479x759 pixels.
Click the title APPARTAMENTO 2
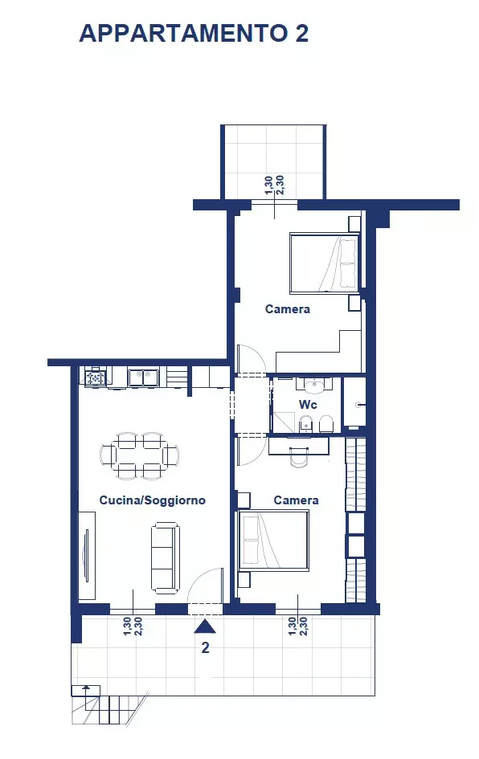194,34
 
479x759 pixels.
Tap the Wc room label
308,404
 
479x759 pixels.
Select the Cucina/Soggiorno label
153,500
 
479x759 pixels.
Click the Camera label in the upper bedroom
288,309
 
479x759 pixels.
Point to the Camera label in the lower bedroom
296,500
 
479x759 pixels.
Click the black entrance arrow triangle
205,626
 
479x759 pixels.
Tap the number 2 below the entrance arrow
206,647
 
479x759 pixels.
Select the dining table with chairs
141,455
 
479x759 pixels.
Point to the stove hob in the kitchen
96,377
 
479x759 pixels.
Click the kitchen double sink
143,377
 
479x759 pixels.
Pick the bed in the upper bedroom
325,263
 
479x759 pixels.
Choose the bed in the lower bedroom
273,541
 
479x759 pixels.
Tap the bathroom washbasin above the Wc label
315,386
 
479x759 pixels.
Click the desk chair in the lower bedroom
299,458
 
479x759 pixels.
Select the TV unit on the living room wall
87,555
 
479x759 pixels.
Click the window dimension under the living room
133,626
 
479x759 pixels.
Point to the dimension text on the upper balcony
275,186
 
